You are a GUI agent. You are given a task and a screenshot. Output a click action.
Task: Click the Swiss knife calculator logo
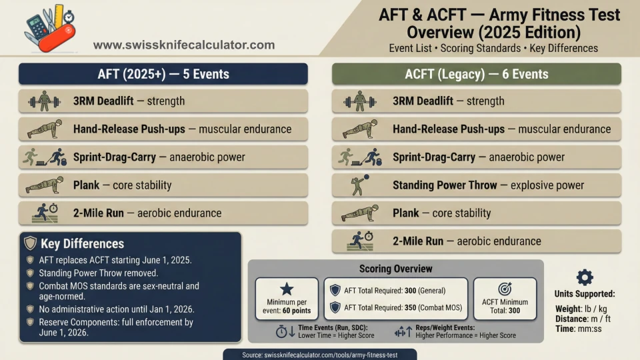pos(49,27)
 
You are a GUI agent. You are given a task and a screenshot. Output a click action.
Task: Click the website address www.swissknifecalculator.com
pos(183,45)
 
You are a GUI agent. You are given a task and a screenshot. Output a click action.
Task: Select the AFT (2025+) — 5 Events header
pos(163,74)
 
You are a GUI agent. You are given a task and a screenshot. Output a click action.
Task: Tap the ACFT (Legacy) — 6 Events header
pos(476,74)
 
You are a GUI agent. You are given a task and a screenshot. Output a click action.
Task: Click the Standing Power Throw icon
pos(359,185)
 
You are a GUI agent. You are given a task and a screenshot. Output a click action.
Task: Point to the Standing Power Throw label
pos(445,185)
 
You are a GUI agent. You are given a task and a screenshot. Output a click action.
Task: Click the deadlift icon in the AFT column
pos(45,101)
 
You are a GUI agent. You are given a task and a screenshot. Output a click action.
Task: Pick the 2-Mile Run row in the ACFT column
pos(476,241)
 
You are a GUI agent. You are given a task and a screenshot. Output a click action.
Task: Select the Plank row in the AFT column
pos(163,185)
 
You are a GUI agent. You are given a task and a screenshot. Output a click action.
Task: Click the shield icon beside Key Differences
pos(31,243)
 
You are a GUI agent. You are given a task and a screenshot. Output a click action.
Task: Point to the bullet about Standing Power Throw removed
pos(97,273)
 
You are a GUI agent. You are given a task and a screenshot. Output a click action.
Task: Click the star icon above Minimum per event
pos(286,289)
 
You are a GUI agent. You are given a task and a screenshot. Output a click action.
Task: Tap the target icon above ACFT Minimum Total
pos(504,288)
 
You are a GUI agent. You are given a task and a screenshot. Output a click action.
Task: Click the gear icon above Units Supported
pos(585,278)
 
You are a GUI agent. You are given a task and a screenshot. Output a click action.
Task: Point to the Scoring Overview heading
pos(395,269)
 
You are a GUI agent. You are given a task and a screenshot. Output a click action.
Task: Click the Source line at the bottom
pos(320,355)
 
